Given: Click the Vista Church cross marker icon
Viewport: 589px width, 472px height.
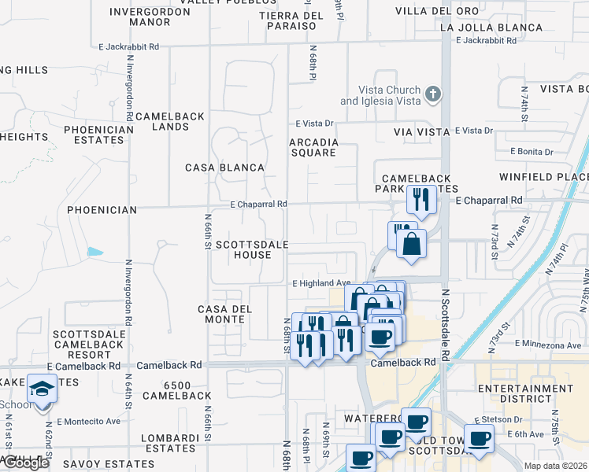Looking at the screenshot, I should [x=432, y=95].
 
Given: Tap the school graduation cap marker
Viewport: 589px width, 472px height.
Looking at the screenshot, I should [x=41, y=389].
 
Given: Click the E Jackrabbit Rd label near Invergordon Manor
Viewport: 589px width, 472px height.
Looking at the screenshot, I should [x=129, y=47].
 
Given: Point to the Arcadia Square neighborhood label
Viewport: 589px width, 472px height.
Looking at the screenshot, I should [x=313, y=147].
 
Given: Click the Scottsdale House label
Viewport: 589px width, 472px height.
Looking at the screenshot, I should [x=243, y=249].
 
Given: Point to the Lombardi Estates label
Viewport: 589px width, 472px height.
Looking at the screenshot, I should [x=168, y=443].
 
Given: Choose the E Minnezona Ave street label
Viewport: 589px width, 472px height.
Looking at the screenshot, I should [x=550, y=344].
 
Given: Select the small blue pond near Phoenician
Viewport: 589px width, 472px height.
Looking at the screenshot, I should [x=95, y=252].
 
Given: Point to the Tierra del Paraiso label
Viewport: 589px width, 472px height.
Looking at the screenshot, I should [x=291, y=20].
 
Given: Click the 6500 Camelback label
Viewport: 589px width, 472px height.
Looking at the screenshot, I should [x=187, y=390].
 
